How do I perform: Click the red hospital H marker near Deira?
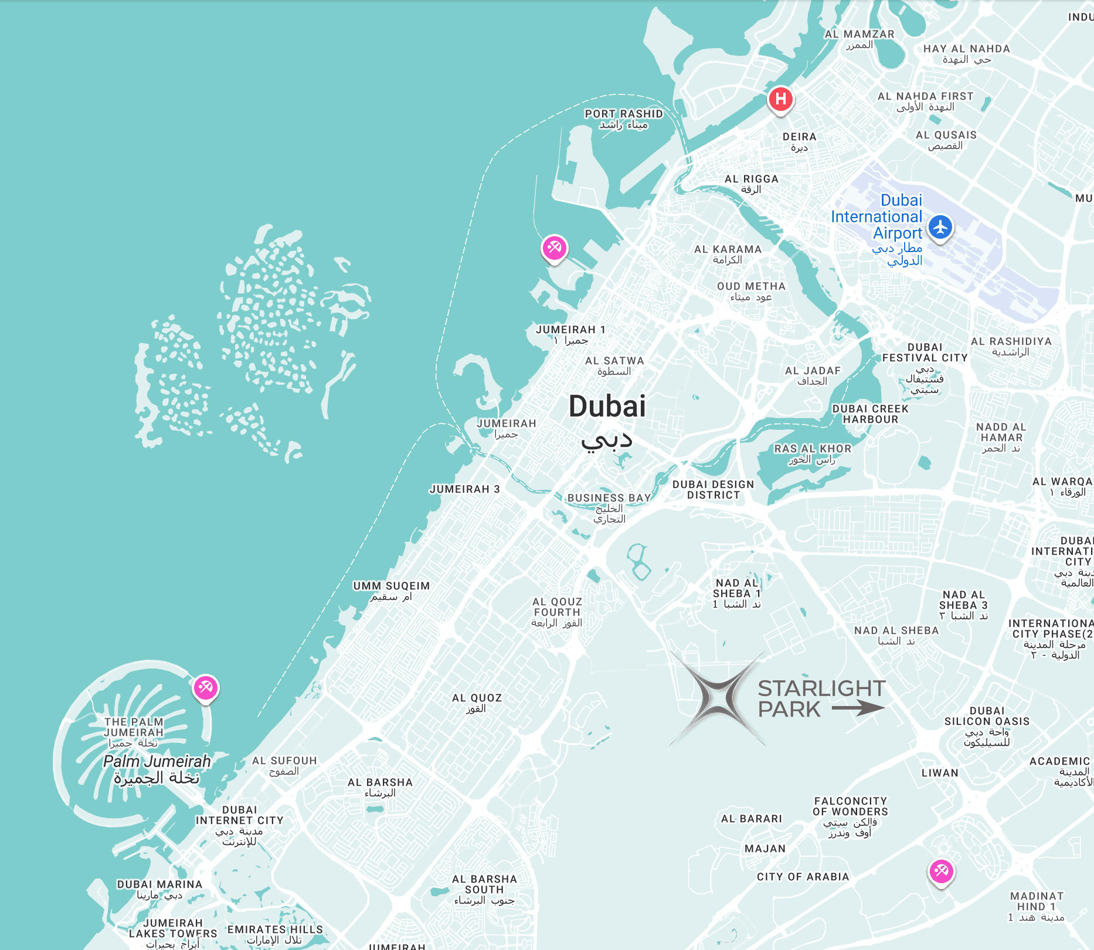pos(780,99)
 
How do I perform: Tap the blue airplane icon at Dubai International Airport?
pos(940,227)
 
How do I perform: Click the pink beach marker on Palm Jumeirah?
pos(206,687)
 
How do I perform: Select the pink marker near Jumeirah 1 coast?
pos(554,248)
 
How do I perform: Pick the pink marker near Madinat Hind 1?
pos(941,871)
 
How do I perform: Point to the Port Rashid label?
pos(623,114)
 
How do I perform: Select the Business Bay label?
pos(609,498)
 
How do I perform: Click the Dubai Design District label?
pos(713,490)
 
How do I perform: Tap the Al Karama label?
pos(728,249)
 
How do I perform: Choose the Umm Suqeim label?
pos(391,586)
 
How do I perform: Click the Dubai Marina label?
pos(159,884)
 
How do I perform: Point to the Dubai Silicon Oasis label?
pos(987,716)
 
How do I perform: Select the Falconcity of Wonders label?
pos(850,806)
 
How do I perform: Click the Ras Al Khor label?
pos(813,449)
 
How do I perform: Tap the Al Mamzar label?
pos(859,35)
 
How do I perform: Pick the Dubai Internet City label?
pos(239,815)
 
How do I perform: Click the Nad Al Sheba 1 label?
pos(737,588)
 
